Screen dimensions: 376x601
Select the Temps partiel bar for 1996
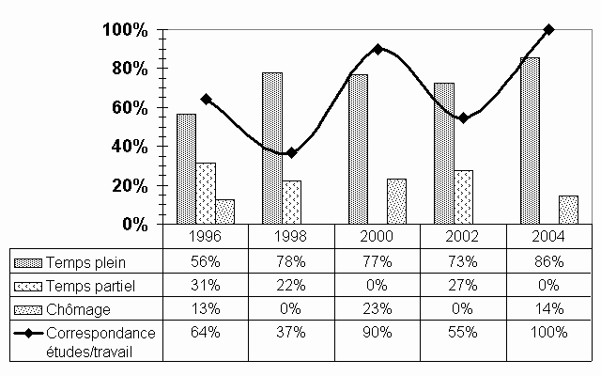click(x=206, y=194)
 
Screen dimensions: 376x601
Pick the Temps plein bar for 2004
click(x=531, y=141)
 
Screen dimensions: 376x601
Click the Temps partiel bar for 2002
click(x=463, y=197)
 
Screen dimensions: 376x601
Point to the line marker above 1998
click(x=292, y=152)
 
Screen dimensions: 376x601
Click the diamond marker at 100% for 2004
click(x=549, y=29)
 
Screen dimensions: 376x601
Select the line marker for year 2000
click(x=378, y=49)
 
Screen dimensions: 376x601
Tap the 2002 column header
click(x=463, y=236)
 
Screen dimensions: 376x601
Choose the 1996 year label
click(x=206, y=236)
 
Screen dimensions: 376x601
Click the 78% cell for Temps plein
click(x=292, y=260)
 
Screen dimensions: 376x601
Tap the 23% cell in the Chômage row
click(x=378, y=308)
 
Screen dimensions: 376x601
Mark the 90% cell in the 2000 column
click(x=378, y=332)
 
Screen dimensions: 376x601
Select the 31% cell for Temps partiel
click(x=206, y=285)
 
